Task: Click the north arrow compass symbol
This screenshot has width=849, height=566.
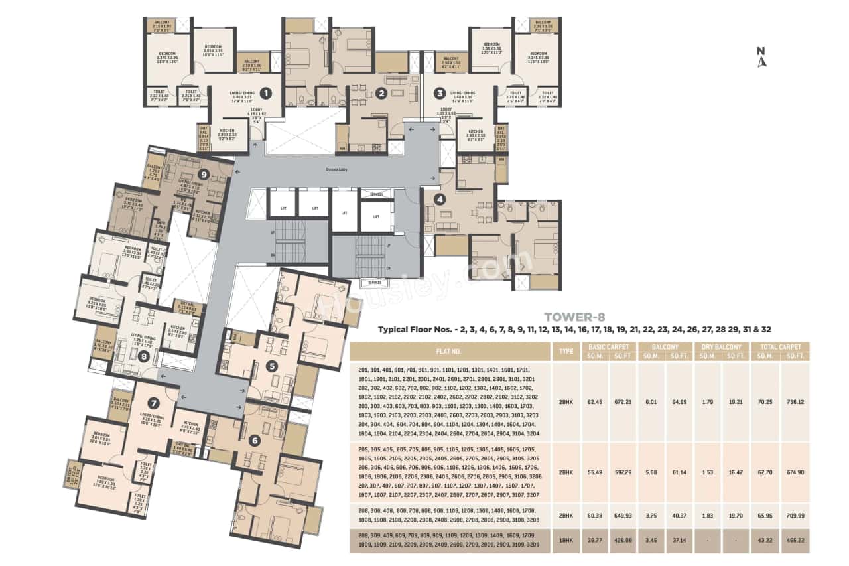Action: coord(762,58)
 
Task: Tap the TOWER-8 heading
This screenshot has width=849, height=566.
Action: coord(574,317)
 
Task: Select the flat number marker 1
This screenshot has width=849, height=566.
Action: coord(266,93)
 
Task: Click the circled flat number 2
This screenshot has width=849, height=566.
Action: coord(381,93)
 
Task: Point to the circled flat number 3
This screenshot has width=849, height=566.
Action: coord(439,93)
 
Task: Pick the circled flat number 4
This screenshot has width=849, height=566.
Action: coord(439,198)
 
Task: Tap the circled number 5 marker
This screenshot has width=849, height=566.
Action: coord(271,366)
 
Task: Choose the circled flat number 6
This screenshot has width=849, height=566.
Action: coord(254,439)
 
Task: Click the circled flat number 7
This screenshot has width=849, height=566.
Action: coord(154,402)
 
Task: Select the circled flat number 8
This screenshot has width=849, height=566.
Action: coord(144,356)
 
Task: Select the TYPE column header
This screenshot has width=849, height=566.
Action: coord(566,351)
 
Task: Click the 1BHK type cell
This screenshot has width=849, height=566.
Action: coord(566,541)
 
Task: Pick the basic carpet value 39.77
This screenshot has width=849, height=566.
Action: coord(594,541)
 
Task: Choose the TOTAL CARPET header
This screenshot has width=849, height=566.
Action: coord(781,346)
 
